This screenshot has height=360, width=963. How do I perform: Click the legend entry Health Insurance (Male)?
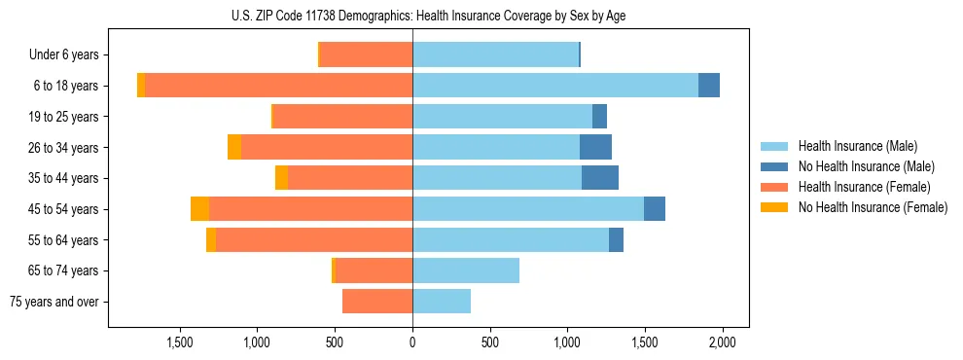857,146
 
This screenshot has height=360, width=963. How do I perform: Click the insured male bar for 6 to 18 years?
555,86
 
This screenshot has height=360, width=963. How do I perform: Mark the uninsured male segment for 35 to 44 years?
600,178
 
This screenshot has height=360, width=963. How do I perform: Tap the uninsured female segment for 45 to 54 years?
199,209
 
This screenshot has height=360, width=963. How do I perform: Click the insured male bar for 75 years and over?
442,302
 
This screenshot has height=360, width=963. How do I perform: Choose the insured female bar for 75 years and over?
377,302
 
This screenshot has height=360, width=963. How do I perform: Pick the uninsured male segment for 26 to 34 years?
595,147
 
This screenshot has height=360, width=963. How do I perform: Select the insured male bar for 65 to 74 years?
466,270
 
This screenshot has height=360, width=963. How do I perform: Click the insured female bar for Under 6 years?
366,54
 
